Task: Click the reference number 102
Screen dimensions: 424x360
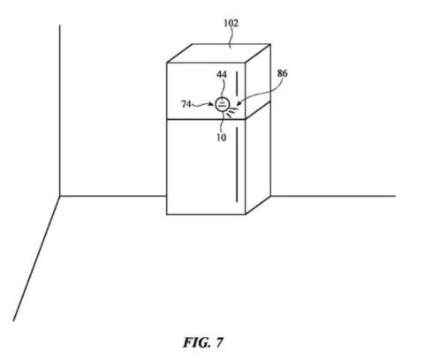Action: [231, 23]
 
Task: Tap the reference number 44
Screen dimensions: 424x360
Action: [222, 74]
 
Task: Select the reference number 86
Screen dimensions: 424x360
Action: [282, 73]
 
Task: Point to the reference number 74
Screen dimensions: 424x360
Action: [186, 104]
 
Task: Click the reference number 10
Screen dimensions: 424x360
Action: [221, 138]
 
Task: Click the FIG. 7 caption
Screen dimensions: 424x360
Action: [203, 342]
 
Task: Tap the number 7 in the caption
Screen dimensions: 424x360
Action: [219, 342]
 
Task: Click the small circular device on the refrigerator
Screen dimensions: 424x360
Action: [222, 104]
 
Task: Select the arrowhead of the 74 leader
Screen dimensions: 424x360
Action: [211, 104]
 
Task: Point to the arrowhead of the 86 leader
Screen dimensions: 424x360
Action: [239, 103]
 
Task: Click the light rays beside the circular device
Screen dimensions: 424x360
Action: [232, 112]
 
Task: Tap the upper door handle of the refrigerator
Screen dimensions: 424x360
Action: [237, 86]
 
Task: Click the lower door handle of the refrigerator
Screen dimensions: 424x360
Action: [237, 164]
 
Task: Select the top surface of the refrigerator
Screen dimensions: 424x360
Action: [219, 53]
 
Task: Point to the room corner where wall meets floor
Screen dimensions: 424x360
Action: [60, 196]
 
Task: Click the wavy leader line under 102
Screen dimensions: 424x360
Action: [231, 38]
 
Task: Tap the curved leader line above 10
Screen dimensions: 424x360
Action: [223, 122]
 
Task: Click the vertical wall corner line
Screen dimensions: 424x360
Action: [60, 110]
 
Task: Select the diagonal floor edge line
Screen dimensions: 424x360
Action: [36, 259]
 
